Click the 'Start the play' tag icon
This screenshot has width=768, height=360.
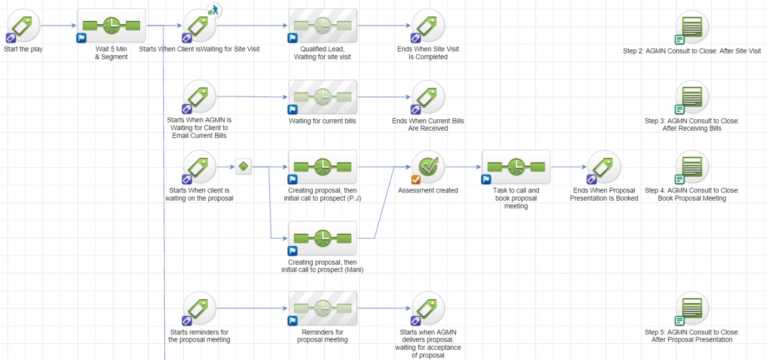[x=23, y=25]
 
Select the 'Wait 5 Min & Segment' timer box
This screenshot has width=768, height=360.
[x=112, y=25]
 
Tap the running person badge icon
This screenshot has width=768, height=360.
[x=214, y=10]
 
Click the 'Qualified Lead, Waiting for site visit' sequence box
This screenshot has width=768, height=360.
[x=322, y=25]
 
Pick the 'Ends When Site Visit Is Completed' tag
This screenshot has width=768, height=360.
[x=428, y=25]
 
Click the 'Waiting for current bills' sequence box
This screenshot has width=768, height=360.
[x=322, y=97]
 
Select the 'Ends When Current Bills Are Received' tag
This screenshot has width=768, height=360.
[x=428, y=97]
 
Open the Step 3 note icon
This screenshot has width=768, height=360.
[x=692, y=98]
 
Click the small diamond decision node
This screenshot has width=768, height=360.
[x=243, y=166]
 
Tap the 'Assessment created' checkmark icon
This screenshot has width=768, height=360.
[x=428, y=167]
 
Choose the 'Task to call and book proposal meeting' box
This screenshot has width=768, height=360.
[x=516, y=167]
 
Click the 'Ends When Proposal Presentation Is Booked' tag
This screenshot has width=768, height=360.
[x=604, y=167]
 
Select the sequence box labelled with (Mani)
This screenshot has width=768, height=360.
[x=322, y=239]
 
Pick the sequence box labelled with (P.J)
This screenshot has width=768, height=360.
[x=322, y=167]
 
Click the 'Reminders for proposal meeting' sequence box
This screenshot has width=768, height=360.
[x=322, y=308]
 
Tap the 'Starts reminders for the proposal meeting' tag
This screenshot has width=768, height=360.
[x=199, y=308]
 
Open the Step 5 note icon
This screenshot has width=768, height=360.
[x=692, y=308]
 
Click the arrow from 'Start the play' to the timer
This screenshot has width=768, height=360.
[x=59, y=25]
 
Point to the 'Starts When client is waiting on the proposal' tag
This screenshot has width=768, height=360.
[x=199, y=167]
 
